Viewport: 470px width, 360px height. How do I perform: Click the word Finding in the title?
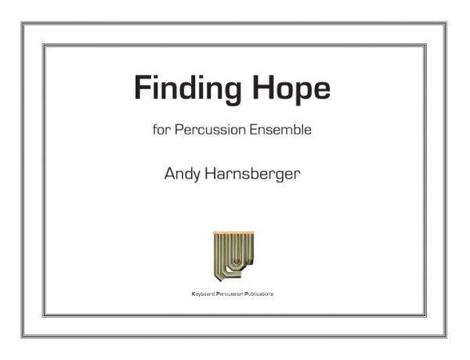pyautogui.click(x=188, y=89)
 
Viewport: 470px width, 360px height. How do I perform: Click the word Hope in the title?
pyautogui.click(x=291, y=89)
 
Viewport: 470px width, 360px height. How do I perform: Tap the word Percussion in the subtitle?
pyautogui.click(x=210, y=130)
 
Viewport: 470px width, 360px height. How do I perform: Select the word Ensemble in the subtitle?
pyautogui.click(x=280, y=130)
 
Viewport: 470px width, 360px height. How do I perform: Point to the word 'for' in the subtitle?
pyautogui.click(x=162, y=130)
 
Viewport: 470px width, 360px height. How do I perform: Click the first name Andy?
pyautogui.click(x=183, y=175)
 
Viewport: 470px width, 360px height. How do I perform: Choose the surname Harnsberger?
pyautogui.click(x=252, y=175)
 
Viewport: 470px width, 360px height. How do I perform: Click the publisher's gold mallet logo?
pyautogui.click(x=233, y=256)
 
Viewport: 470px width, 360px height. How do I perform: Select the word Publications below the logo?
pyautogui.click(x=258, y=293)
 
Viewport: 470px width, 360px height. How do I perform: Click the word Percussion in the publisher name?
pyautogui.click(x=230, y=293)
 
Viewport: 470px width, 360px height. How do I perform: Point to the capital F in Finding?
pyautogui.click(x=141, y=87)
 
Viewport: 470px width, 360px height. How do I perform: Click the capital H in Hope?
pyautogui.click(x=263, y=87)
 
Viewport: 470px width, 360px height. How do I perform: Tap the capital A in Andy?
pyautogui.click(x=170, y=174)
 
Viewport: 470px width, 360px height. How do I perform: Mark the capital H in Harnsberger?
pyautogui.click(x=210, y=174)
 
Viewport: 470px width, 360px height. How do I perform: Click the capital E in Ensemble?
pyautogui.click(x=254, y=129)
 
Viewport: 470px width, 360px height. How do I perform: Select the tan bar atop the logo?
pyautogui.click(x=233, y=232)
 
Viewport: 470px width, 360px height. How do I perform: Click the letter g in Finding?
pyautogui.click(x=231, y=93)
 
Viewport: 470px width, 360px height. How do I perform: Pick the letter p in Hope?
pyautogui.click(x=301, y=93)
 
